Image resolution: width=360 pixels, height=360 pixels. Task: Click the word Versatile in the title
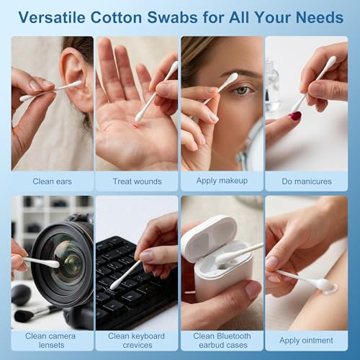click(x=52, y=17)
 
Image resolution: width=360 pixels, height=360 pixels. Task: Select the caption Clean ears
click(x=52, y=181)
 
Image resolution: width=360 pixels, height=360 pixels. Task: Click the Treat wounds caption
click(x=137, y=181)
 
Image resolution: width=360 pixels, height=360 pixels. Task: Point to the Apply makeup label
click(x=222, y=181)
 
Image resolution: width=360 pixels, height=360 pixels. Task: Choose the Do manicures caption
click(x=307, y=181)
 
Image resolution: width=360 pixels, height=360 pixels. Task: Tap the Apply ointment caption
click(x=306, y=341)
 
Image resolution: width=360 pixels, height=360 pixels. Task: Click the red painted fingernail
click(x=294, y=116)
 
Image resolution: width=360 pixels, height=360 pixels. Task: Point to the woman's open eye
click(x=243, y=91)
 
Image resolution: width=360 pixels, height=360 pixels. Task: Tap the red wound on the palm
click(x=136, y=126)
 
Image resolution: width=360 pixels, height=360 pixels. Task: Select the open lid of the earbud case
click(x=208, y=238)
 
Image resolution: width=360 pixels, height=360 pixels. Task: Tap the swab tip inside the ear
click(x=74, y=84)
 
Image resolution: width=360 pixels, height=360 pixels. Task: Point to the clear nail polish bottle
click(x=272, y=86)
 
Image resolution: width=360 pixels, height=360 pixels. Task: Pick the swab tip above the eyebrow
click(x=231, y=79)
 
